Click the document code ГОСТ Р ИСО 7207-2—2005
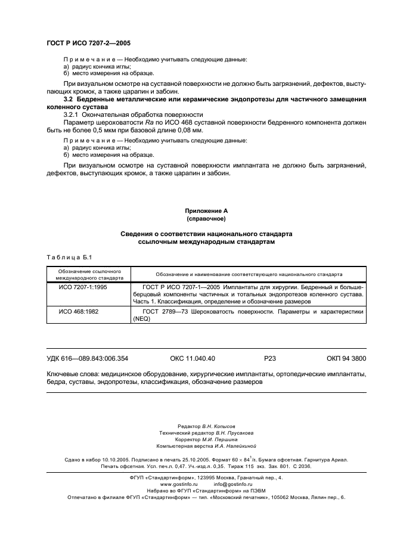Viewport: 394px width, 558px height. (x=88, y=44)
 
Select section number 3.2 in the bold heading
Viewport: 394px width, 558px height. (x=68, y=99)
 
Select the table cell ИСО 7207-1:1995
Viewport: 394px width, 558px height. (x=81, y=287)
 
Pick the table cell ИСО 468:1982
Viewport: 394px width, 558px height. (x=77, y=311)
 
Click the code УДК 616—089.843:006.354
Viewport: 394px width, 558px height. (x=87, y=359)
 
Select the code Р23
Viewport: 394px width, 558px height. (x=270, y=359)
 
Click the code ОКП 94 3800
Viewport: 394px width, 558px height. (x=346, y=359)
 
